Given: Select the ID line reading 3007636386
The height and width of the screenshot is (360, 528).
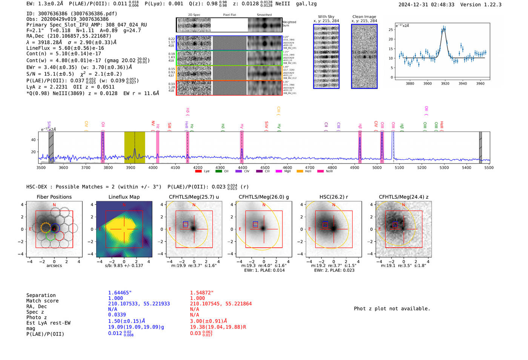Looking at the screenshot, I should (72, 14).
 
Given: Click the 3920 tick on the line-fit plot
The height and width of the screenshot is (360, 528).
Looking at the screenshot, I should (445, 83).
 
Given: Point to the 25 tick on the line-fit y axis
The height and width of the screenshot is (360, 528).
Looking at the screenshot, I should (391, 30).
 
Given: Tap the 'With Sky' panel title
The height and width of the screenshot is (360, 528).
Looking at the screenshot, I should (326, 17).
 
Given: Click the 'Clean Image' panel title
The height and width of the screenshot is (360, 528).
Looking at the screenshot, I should (364, 17).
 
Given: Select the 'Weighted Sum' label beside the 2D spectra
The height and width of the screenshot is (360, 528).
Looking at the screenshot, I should (289, 24).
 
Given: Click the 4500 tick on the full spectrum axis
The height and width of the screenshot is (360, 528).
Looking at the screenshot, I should (265, 168).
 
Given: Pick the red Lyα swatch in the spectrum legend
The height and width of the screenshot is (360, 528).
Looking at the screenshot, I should (198, 172).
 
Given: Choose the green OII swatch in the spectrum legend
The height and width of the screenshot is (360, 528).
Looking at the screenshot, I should (219, 172).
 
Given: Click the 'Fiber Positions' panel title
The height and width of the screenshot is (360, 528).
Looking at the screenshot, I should (54, 197).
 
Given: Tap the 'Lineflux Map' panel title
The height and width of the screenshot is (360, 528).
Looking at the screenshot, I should (124, 197).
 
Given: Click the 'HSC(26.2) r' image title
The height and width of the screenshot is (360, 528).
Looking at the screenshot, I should (333, 197).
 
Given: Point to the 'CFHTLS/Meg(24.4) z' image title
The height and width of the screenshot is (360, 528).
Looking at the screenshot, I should (404, 197).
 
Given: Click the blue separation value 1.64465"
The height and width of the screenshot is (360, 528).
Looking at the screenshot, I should (120, 293).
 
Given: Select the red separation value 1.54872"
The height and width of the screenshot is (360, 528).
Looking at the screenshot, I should (202, 293).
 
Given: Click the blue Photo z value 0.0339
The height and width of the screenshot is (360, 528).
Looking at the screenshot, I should (117, 315).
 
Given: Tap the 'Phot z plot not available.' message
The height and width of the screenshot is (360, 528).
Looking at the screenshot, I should (392, 309).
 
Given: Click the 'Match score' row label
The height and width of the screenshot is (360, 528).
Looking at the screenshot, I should (42, 301).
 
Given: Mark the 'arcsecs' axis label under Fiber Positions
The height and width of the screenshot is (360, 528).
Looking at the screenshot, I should (54, 266).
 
